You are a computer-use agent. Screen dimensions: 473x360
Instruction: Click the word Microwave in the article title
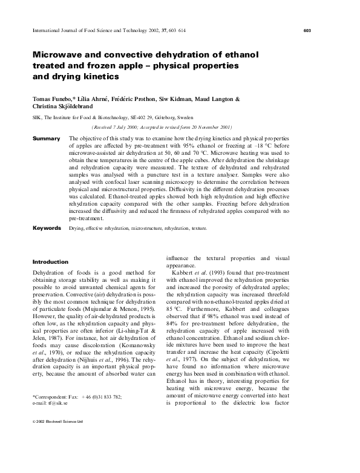pos(62,54)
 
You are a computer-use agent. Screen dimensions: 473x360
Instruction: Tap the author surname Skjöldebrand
pos(80,106)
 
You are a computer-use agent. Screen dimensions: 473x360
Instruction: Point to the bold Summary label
pos(46,139)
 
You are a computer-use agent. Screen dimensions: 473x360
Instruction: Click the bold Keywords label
pos(47,228)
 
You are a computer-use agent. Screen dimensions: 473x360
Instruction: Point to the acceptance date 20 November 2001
pos(209,128)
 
